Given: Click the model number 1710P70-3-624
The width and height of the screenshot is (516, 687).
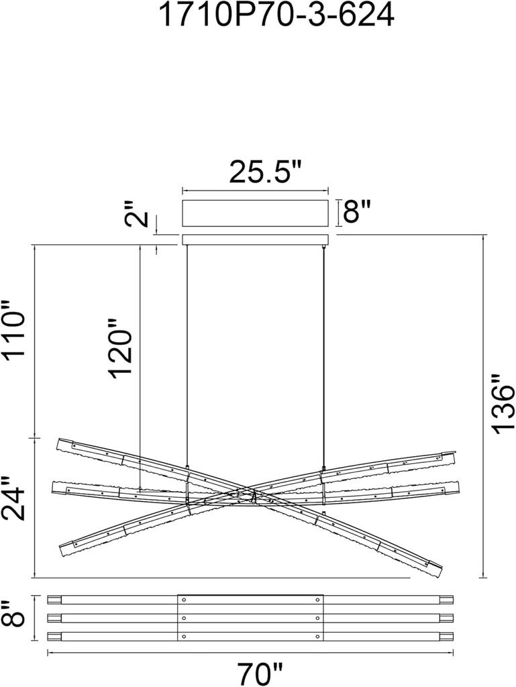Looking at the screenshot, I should (x=275, y=16).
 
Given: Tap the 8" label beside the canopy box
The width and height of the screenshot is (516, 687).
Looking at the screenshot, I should (x=357, y=213).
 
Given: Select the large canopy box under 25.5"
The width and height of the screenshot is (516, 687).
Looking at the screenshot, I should (x=256, y=213).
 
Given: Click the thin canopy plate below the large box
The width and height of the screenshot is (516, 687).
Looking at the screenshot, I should (x=256, y=240).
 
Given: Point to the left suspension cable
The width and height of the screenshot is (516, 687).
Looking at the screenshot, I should (x=187, y=356).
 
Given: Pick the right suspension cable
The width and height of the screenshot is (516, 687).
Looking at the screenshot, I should (x=323, y=356).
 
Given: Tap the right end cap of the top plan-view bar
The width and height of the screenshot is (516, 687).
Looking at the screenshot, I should (x=446, y=600).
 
